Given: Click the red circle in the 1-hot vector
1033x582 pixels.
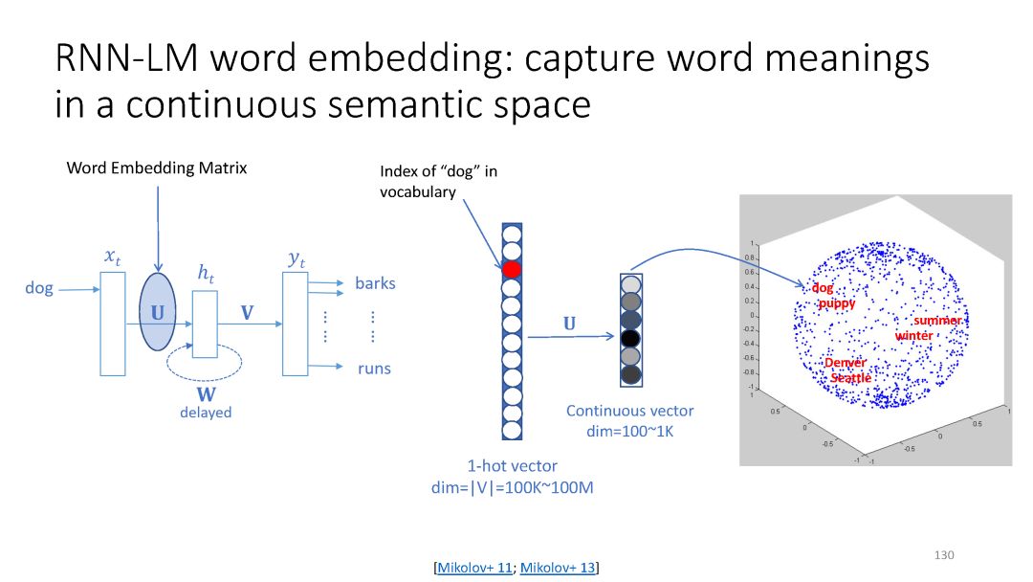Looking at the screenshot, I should (x=513, y=269).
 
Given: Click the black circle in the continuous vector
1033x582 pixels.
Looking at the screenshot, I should (x=629, y=338).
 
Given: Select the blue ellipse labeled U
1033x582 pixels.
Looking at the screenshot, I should (x=157, y=312).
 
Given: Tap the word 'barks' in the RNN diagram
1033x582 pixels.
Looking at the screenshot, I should (x=375, y=283).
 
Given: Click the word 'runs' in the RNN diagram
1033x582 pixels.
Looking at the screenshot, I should (x=374, y=369).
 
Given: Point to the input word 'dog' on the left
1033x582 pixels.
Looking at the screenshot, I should (x=39, y=287).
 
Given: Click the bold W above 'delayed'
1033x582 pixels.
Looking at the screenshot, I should (x=206, y=393).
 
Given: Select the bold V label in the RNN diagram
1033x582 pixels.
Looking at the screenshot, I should (x=246, y=312).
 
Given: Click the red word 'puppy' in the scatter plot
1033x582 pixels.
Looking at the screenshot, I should (x=837, y=303).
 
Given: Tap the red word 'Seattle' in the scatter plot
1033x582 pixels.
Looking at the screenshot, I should (x=850, y=378).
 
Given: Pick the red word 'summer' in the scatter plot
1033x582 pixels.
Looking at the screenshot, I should (x=936, y=321).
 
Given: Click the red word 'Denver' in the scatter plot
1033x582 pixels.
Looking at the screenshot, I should (x=846, y=363).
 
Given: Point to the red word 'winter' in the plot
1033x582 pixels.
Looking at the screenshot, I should (x=913, y=336).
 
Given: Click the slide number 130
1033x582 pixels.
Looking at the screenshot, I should (x=944, y=555).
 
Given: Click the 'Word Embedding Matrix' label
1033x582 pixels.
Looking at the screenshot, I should (x=157, y=168).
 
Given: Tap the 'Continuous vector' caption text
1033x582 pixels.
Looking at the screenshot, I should (x=629, y=411).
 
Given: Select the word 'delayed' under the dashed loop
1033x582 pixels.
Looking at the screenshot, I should (x=206, y=413).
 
